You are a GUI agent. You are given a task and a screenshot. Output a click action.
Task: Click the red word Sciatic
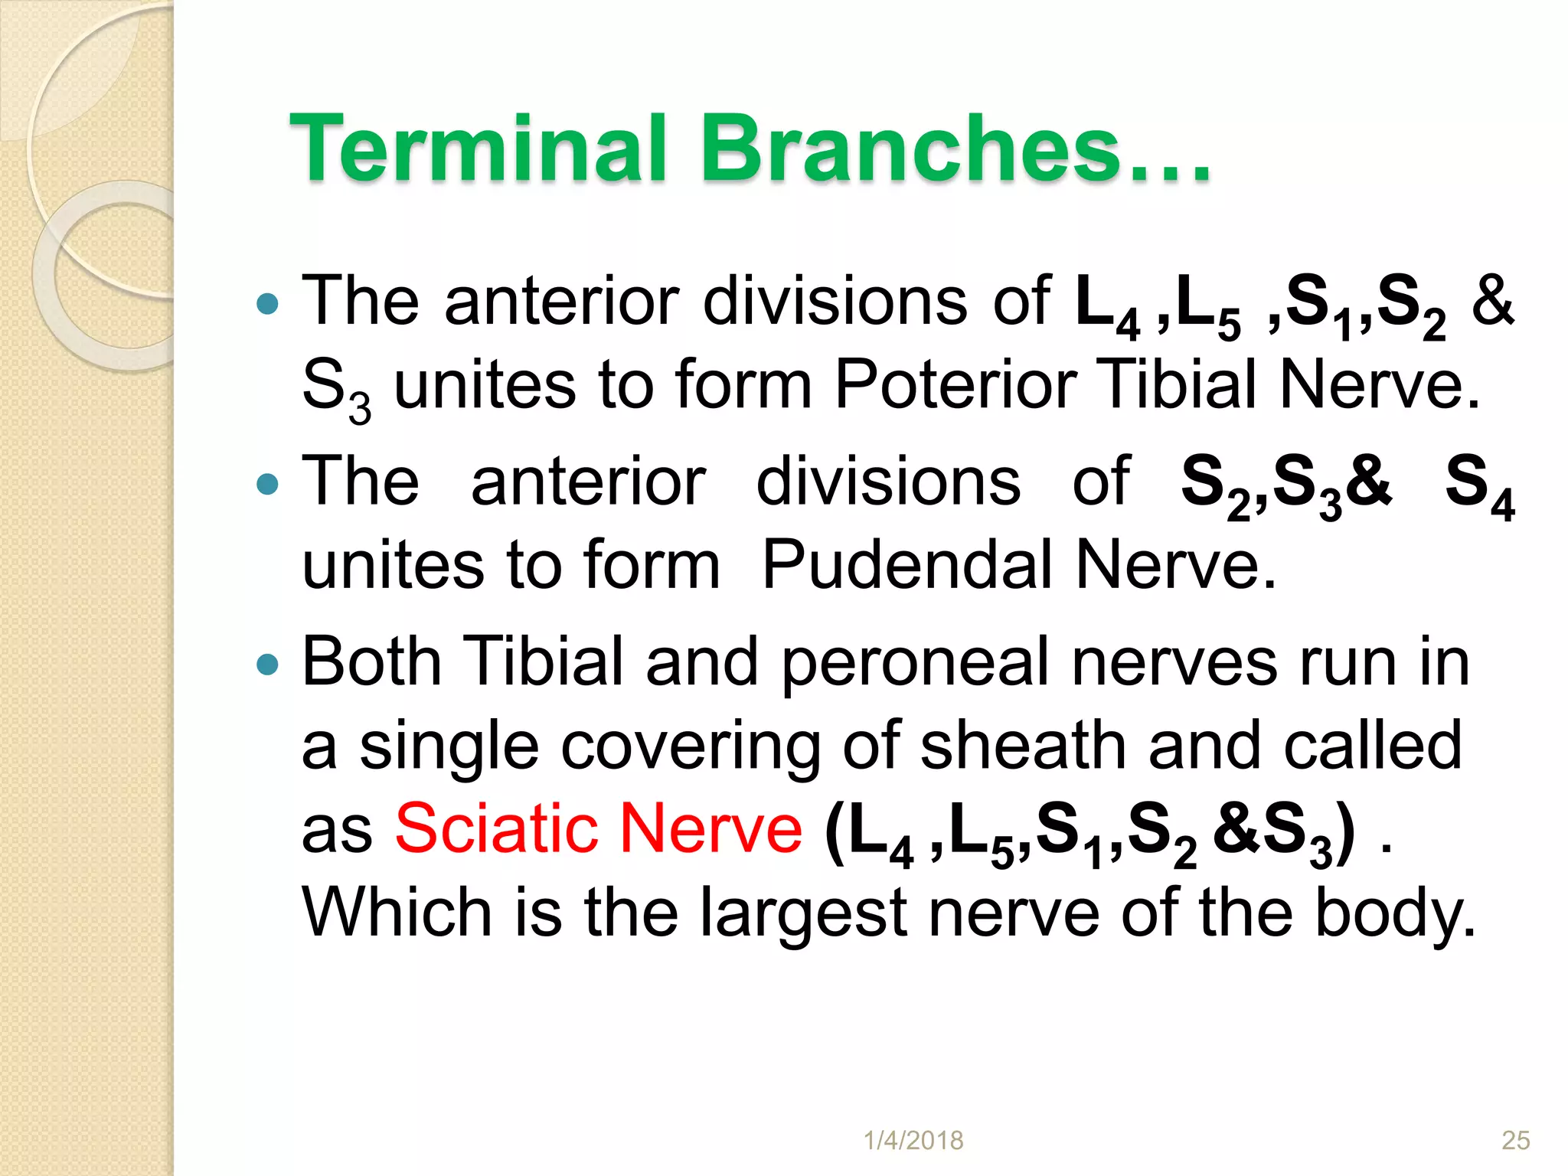(495, 828)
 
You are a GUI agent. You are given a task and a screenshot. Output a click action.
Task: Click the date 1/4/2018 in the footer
(913, 1141)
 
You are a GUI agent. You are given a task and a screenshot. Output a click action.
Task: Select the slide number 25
(1515, 1141)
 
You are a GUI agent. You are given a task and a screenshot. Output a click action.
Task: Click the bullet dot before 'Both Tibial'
(267, 664)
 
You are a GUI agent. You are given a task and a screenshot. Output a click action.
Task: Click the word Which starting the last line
(397, 913)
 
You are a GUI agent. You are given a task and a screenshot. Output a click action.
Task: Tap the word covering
(690, 746)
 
